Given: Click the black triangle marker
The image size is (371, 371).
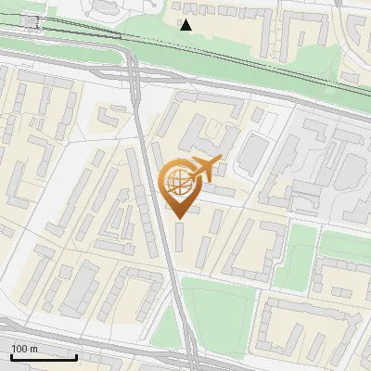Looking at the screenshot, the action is pyautogui.click(x=186, y=25).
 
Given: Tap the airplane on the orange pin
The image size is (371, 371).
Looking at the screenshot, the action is pyautogui.click(x=205, y=169).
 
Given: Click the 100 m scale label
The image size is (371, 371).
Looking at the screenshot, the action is pyautogui.click(x=24, y=349).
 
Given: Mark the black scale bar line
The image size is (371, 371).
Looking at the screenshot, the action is pyautogui.click(x=44, y=357).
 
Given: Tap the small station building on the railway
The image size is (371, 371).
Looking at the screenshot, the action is pyautogui.click(x=31, y=21).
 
